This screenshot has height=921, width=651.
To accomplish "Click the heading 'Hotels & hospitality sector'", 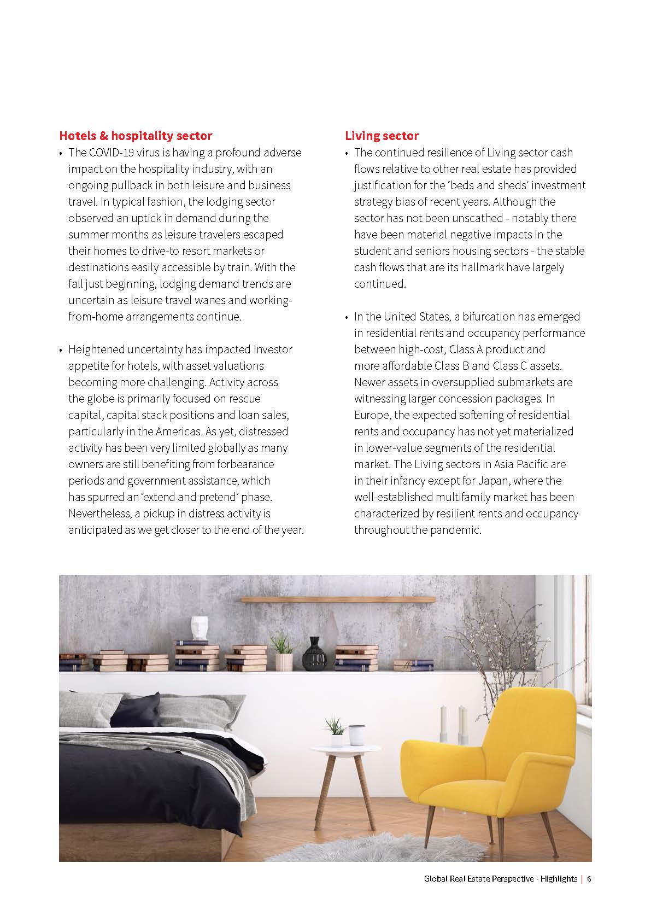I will (135, 136).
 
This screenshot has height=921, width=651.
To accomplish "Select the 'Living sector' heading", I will (382, 136).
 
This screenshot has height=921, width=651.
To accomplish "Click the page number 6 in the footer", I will (589, 878).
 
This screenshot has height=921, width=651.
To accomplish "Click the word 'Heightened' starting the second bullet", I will (96, 349).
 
